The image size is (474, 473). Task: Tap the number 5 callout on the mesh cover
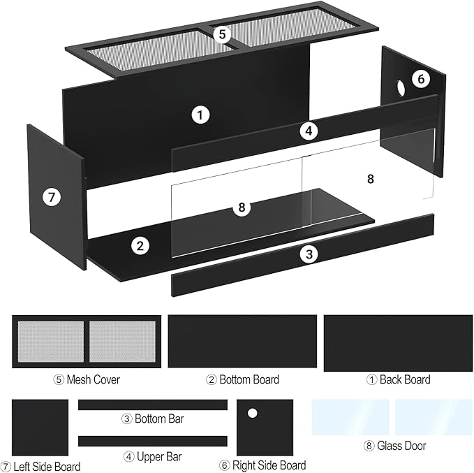(222, 34)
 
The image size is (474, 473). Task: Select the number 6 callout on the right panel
(419, 79)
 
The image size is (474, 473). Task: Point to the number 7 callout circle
(50, 197)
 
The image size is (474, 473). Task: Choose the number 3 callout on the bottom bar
(309, 254)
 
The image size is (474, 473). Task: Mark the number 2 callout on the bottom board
(140, 245)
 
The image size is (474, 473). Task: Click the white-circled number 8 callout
(242, 207)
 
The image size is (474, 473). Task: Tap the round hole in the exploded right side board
(401, 89)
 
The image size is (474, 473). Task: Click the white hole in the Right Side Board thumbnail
(253, 413)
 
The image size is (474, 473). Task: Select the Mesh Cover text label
(87, 380)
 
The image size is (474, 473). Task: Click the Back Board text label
(399, 380)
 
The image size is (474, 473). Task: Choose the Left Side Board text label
(41, 466)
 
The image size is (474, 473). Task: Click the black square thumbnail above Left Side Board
(40, 428)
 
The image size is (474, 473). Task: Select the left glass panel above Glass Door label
(350, 417)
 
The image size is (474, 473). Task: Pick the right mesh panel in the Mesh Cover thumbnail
(122, 341)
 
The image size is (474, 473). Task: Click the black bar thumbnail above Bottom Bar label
(153, 405)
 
